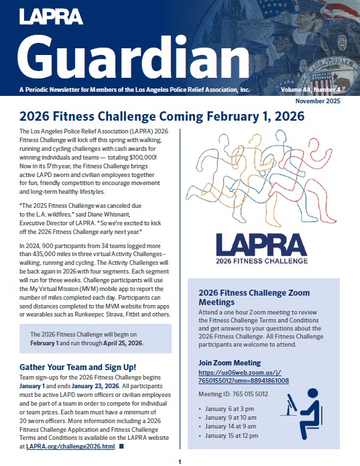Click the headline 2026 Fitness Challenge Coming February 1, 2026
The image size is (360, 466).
click(x=162, y=116)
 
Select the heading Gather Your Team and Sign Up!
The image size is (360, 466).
click(x=78, y=367)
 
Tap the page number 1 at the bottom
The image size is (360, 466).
click(x=180, y=461)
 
